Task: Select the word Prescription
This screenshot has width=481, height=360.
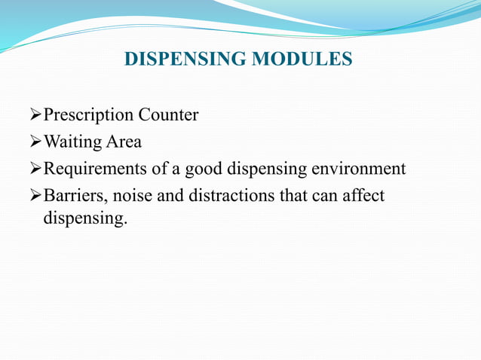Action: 87,115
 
